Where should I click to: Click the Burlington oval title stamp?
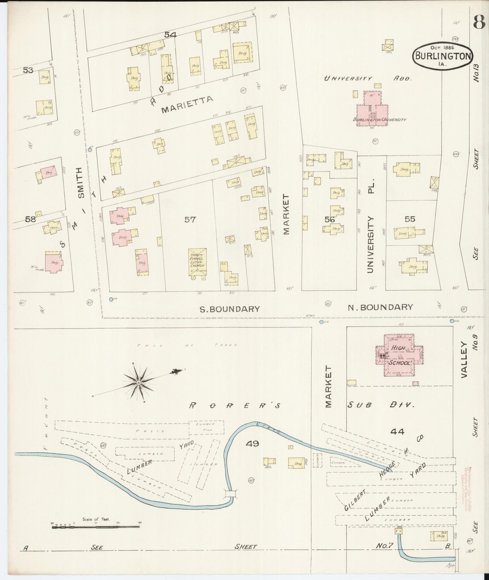coord(442,55)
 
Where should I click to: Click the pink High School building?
coord(399,355)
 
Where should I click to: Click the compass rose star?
coord(138,382)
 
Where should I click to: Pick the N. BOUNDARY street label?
coord(380,307)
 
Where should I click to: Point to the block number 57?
coord(190,220)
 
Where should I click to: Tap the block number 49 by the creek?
coord(252,443)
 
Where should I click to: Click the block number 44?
coord(397,431)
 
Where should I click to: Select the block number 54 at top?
coord(171,34)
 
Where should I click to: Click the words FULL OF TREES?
coord(187,345)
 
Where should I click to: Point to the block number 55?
coord(409,219)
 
